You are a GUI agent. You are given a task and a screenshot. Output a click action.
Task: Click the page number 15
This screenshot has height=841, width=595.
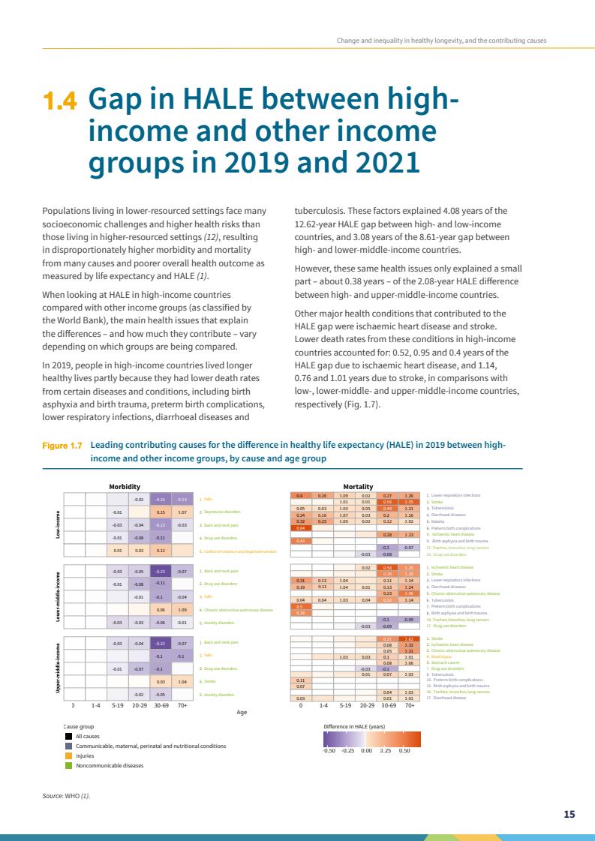tap(569, 814)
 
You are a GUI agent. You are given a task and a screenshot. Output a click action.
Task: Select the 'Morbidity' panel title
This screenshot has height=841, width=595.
tap(125, 486)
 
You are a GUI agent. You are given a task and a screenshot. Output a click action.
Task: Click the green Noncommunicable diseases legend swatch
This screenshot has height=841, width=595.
tap(68, 765)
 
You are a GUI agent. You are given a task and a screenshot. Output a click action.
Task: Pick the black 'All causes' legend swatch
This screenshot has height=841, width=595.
tap(68, 736)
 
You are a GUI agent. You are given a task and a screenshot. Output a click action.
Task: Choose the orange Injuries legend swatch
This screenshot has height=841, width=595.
tap(68, 755)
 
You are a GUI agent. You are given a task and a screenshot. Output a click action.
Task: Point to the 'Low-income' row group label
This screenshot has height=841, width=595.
tap(59, 524)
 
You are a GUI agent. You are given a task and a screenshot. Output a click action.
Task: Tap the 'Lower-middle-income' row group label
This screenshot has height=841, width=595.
tap(59, 597)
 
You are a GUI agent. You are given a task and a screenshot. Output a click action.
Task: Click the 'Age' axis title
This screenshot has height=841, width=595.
tap(242, 712)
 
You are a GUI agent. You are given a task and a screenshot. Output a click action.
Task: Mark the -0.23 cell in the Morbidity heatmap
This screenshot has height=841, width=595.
tap(161, 572)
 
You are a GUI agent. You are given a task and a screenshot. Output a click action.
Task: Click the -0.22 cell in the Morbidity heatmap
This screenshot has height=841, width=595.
tap(161, 644)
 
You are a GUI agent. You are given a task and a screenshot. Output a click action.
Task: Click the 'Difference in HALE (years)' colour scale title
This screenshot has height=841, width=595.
tap(353, 727)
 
